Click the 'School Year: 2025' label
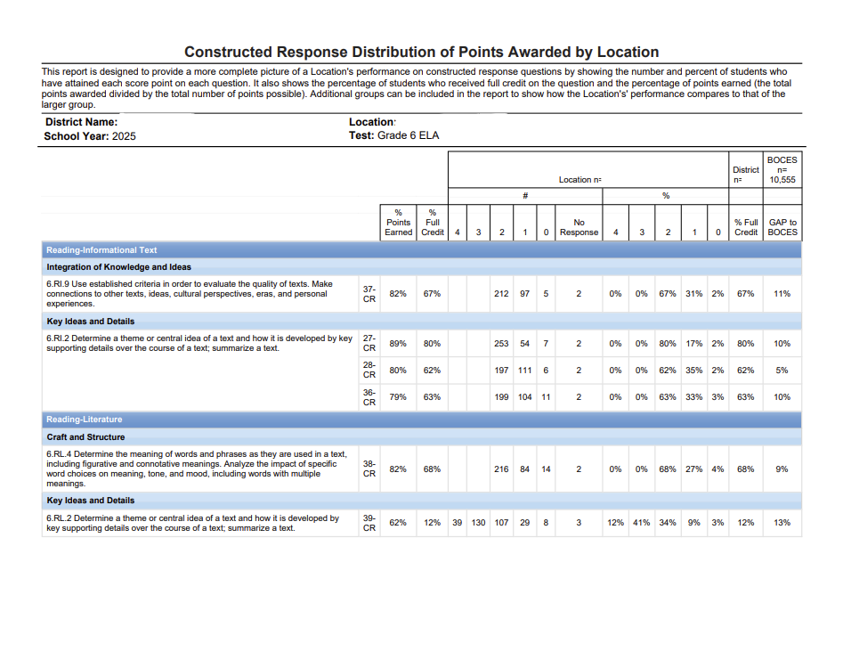coord(90,136)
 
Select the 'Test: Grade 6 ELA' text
coord(394,135)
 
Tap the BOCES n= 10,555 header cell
coord(782,170)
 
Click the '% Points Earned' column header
coord(399,222)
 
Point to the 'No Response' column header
coord(579,227)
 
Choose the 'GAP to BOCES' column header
coord(782,227)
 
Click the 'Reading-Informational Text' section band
coord(422,250)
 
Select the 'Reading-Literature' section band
coord(422,420)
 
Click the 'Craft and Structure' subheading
coord(85,437)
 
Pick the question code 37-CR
coord(369,294)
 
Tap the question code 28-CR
coord(369,370)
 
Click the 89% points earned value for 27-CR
coord(398,343)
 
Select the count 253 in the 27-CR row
coord(501,343)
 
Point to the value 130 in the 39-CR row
coord(479,522)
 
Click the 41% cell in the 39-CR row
coord(642,522)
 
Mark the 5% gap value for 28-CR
coord(782,371)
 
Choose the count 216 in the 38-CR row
coord(501,469)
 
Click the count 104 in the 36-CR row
coord(524,397)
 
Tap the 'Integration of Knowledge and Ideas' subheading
coord(118,267)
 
